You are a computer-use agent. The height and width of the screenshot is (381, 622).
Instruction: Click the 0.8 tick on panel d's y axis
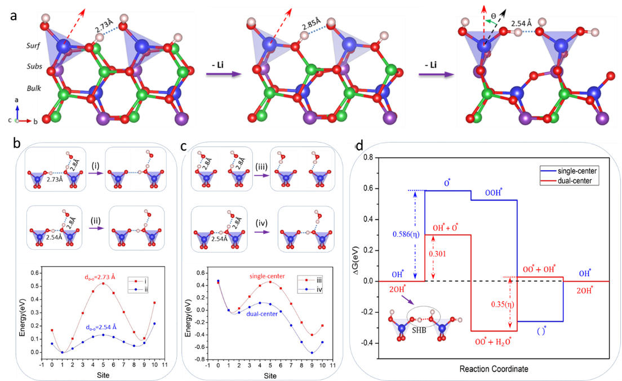coord(371,158)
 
